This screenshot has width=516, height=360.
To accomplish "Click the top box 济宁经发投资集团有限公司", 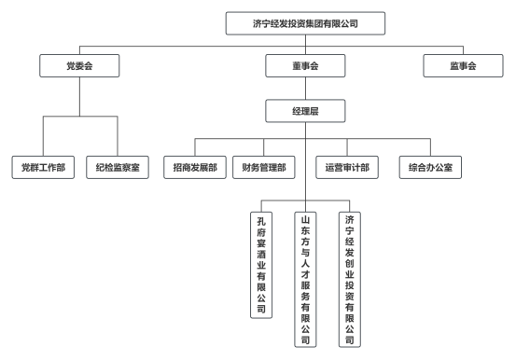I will [305, 22].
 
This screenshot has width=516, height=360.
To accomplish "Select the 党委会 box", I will [79, 66].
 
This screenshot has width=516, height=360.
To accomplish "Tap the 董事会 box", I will [305, 66].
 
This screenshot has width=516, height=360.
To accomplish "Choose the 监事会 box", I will [463, 66].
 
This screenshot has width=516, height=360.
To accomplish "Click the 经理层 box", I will [305, 112].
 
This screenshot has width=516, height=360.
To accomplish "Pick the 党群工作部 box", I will [44, 168].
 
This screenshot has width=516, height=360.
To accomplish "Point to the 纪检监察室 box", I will [117, 168].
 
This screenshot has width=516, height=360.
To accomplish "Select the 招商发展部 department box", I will [195, 168].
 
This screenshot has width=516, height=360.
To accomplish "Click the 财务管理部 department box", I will [264, 168].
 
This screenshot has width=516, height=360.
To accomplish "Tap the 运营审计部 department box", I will [347, 168].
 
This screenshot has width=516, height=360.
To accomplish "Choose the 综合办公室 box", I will [430, 168].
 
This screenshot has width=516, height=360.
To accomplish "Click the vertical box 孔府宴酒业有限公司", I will [262, 265].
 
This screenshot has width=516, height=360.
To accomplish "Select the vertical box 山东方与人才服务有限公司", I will [305, 279].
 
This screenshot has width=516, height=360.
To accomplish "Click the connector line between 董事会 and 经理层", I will [305, 89].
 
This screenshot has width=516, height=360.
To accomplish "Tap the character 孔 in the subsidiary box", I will [262, 222].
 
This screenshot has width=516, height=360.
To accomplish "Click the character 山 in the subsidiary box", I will [305, 222].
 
